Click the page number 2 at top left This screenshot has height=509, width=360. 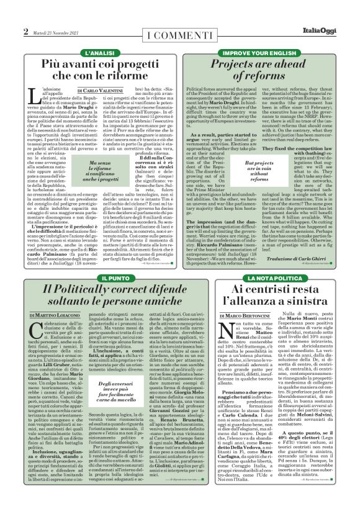coord(26,31)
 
